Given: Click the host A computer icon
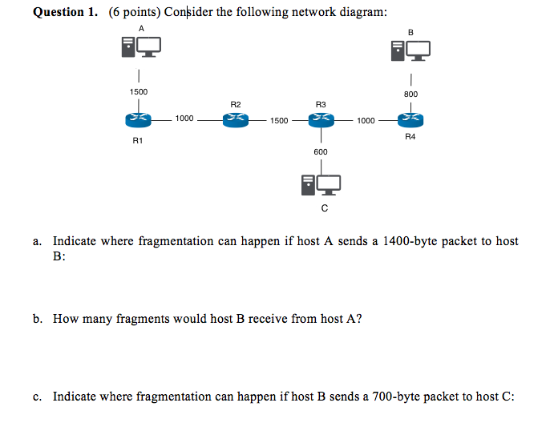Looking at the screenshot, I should coord(141,48).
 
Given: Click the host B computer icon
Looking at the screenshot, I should coord(410,50).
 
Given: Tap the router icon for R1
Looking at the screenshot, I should coord(139,119).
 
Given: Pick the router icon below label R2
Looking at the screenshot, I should coord(236,119).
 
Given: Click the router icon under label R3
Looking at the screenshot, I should coord(321,119).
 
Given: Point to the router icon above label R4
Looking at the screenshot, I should coord(410,119).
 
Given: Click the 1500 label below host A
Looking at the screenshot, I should coord(139,92).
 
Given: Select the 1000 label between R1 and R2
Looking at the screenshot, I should coord(184,119).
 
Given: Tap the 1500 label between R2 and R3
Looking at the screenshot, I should coord(279,120).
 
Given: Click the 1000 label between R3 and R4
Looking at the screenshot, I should coord(366,120).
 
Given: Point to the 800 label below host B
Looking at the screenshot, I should coord(410,95).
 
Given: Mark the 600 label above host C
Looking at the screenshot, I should coord(321,151).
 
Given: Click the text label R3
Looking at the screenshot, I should coord(321,104).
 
